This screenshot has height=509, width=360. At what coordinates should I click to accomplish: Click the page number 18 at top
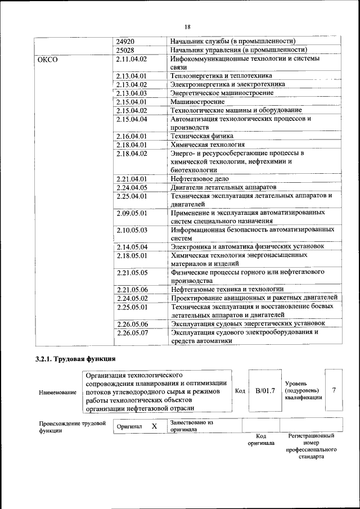point(187,27)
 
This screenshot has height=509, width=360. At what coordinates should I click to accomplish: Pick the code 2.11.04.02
point(131,59)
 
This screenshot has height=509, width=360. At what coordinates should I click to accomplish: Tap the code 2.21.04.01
point(131,179)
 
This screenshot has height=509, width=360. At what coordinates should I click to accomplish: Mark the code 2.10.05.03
point(131,230)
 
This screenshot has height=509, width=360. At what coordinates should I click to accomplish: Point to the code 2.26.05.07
point(131,332)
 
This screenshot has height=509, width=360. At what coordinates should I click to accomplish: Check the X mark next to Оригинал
point(154,427)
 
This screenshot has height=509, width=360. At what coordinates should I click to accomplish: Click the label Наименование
point(58,392)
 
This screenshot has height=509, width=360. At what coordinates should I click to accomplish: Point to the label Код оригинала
point(261,439)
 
